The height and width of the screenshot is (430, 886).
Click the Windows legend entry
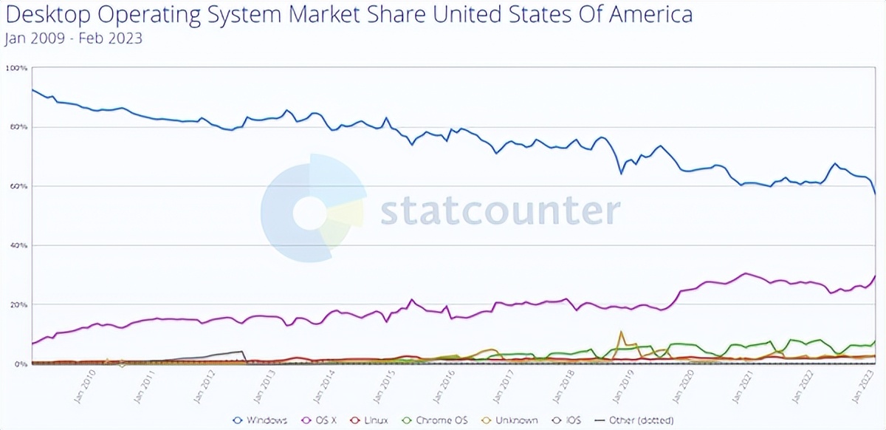(x=260, y=420)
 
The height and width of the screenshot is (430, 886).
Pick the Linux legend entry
(x=372, y=420)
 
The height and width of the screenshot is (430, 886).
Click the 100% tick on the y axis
(x=17, y=68)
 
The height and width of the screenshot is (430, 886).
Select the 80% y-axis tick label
(x=18, y=127)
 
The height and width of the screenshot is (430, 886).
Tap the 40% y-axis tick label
(x=18, y=245)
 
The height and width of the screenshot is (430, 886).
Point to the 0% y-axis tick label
(x=20, y=364)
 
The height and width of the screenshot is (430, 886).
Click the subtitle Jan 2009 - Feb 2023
(x=73, y=38)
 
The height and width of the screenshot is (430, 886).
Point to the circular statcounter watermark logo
(x=312, y=208)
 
